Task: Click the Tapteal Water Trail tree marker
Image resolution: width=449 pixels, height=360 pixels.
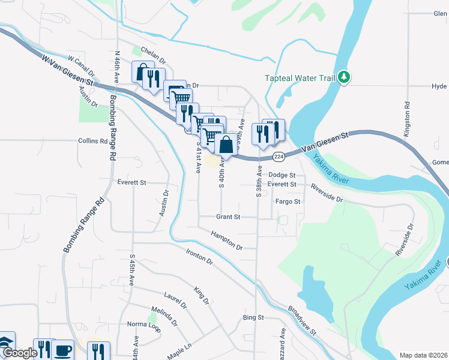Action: (343, 77)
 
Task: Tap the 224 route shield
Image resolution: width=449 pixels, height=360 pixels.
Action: (278, 157)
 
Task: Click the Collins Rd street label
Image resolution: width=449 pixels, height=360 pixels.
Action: (92, 141)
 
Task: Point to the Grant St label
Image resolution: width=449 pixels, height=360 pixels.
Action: (228, 217)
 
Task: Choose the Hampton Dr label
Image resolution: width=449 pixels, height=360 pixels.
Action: (226, 239)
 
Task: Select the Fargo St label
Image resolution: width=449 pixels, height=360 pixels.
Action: (288, 202)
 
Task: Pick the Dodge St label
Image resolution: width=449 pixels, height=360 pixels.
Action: (282, 175)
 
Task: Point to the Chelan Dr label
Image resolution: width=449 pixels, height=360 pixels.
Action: (153, 56)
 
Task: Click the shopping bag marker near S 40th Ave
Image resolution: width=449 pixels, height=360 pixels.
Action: (226, 145)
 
